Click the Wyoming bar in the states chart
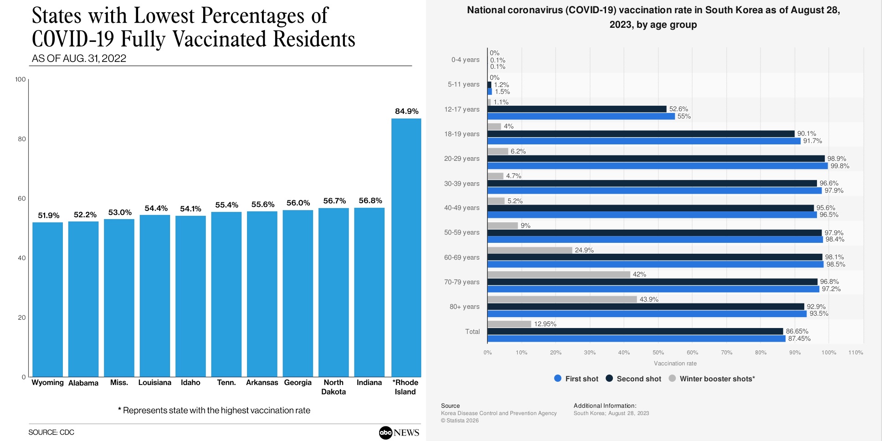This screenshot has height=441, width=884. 47,299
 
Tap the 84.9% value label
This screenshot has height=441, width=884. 406,111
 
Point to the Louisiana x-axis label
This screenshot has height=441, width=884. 154,383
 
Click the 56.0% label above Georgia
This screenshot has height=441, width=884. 298,203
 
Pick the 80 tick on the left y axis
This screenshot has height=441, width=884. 22,139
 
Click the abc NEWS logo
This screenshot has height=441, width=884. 399,432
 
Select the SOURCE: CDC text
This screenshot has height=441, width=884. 51,432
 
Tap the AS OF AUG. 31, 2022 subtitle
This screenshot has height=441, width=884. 79,58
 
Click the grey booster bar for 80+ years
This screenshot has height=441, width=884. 562,299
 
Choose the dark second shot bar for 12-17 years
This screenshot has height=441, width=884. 577,109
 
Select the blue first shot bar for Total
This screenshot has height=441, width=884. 636,338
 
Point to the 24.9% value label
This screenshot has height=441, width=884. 584,250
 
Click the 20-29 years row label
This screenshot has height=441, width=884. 462,159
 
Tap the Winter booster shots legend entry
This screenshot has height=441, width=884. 712,379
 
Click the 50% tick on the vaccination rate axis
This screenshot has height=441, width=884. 658,353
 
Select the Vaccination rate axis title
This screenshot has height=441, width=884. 675,364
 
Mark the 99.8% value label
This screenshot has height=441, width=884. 840,166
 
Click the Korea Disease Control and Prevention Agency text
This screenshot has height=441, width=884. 499,413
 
